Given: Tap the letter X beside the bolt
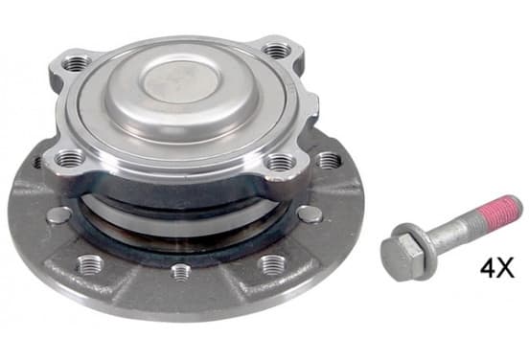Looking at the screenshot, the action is (x=506, y=268).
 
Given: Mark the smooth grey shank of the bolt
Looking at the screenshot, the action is (x=460, y=228).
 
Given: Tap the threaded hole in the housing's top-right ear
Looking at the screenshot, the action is (x=277, y=51).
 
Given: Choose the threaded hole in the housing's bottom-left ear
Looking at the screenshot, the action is (x=69, y=158).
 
